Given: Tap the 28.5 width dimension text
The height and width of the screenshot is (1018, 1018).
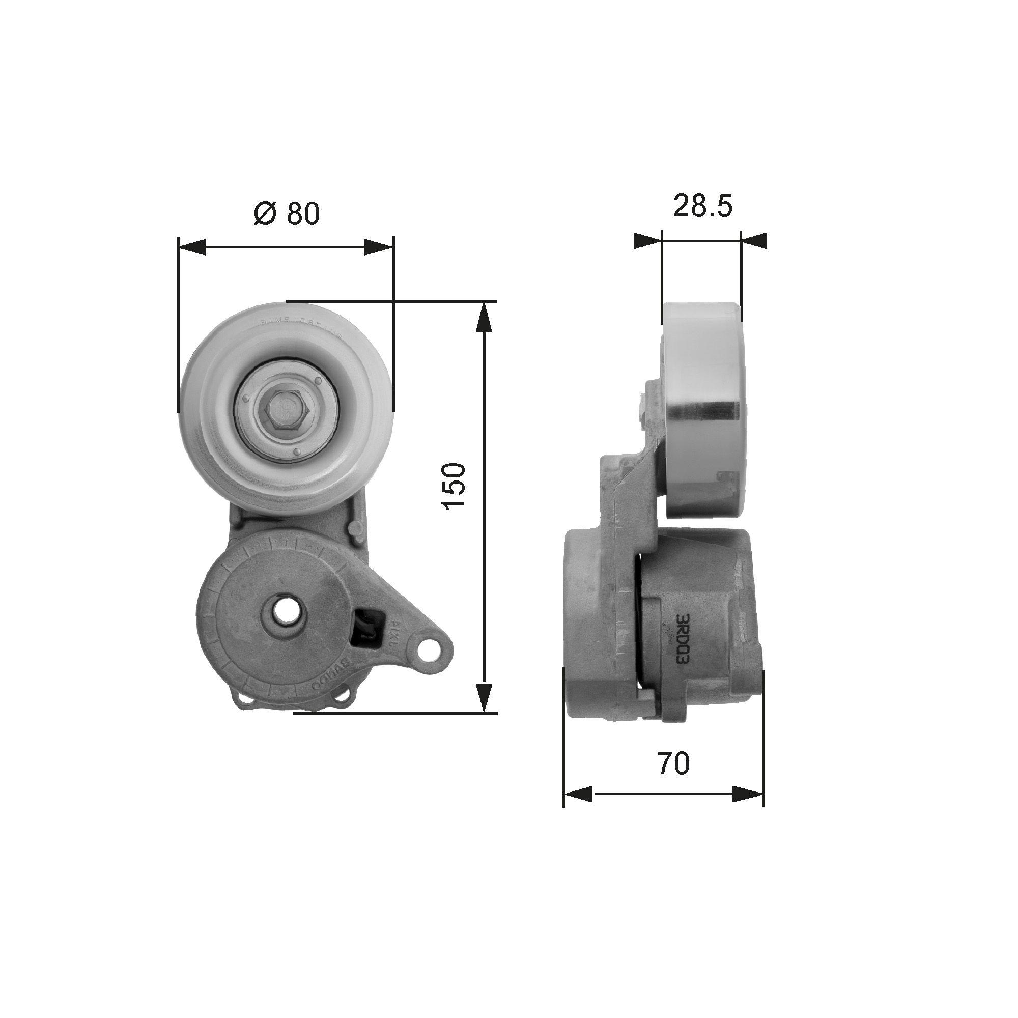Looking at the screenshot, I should pos(702,206).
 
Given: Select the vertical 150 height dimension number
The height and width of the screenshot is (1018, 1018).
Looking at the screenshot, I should pos(454,485).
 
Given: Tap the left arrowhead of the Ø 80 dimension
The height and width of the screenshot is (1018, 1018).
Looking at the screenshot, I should pos(192,246).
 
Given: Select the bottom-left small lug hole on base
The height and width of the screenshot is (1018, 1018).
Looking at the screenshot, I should pos(245,699).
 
